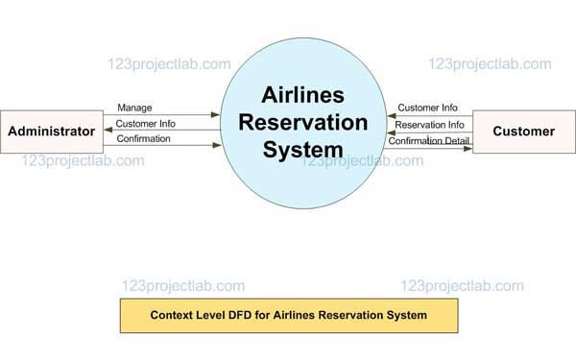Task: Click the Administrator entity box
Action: pyautogui.click(x=51, y=131)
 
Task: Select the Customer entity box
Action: pyautogui.click(x=524, y=131)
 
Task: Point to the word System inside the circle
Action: pyautogui.click(x=303, y=150)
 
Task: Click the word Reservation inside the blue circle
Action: pyautogui.click(x=303, y=123)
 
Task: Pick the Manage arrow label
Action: pyautogui.click(x=134, y=108)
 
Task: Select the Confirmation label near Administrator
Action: pyautogui.click(x=143, y=138)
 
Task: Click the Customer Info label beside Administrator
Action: pyautogui.click(x=145, y=123)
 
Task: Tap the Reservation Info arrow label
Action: pyautogui.click(x=430, y=124)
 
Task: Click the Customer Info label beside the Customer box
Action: pyautogui.click(x=428, y=108)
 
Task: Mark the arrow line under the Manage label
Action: pyautogui.click(x=163, y=115)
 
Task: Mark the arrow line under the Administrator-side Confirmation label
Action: pyautogui.click(x=163, y=146)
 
